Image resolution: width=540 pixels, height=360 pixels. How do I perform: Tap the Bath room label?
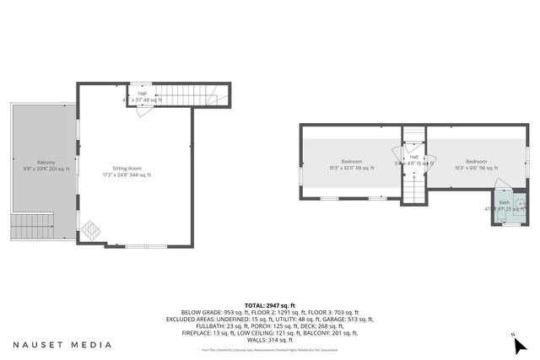click(x=505, y=203)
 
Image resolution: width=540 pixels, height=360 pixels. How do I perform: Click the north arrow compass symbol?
click(x=520, y=343)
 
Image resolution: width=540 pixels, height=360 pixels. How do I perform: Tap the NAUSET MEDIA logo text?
click(x=62, y=344)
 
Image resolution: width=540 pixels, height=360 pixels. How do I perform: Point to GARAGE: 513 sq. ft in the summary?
click(x=351, y=320)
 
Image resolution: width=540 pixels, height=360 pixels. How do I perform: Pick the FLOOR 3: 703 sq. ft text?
click(x=336, y=313)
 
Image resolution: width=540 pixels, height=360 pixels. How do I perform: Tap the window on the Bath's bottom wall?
click(x=508, y=225)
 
